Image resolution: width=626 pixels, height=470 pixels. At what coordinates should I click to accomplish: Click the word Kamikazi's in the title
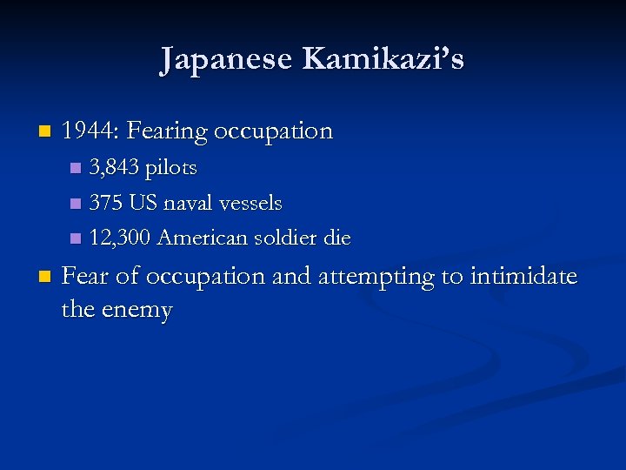pyautogui.click(x=383, y=60)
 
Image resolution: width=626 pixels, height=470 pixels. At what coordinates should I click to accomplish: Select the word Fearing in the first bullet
pyautogui.click(x=167, y=132)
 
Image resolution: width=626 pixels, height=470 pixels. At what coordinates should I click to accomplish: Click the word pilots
pyautogui.click(x=171, y=168)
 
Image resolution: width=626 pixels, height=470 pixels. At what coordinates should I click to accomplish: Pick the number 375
pyautogui.click(x=106, y=203)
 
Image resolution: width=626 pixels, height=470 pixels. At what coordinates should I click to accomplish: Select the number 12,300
pyautogui.click(x=120, y=238)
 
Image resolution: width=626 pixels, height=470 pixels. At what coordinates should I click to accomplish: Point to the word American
pyautogui.click(x=204, y=238)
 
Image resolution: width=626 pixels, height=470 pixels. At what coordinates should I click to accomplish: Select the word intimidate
pyautogui.click(x=523, y=276)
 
